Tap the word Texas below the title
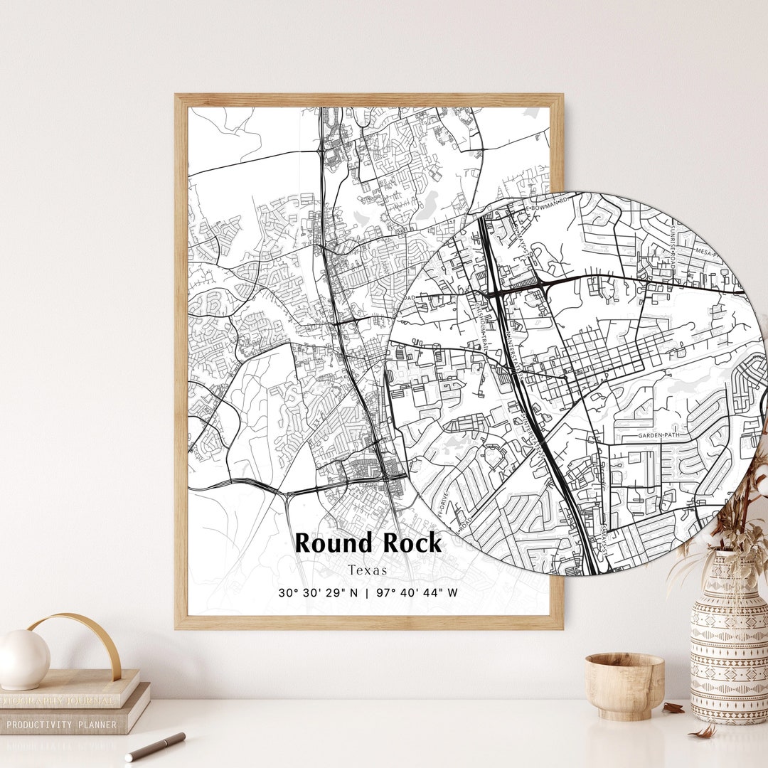tap(368, 570)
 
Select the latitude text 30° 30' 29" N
tap(318, 592)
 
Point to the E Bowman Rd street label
tap(548, 207)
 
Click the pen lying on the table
tap(155, 747)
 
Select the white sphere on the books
tap(23, 659)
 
